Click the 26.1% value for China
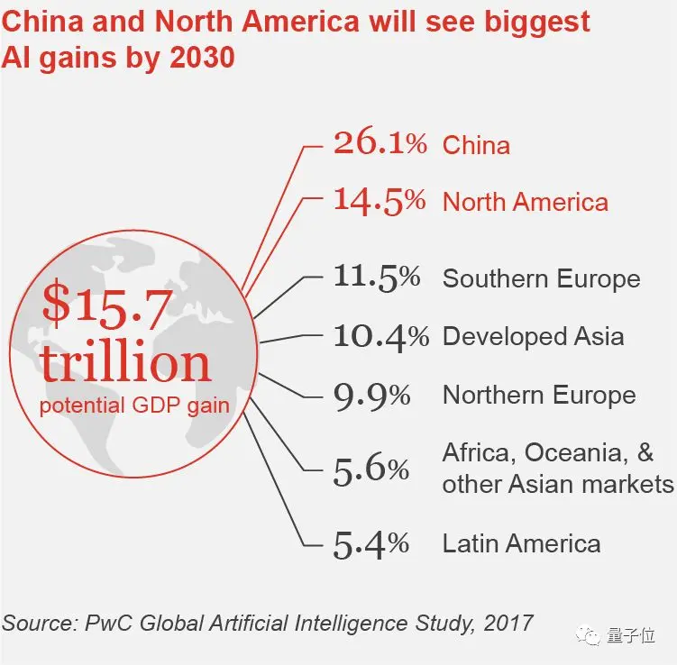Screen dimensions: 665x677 coord(380,143)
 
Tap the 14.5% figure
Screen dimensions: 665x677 coord(379,200)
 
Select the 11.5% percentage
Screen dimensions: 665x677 coord(377,277)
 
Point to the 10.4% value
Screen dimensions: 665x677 coord(380,336)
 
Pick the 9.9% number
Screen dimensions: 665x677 coord(371,395)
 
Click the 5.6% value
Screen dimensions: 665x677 coord(371,469)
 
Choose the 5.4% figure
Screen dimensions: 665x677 coord(371,543)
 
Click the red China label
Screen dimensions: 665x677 coord(476,145)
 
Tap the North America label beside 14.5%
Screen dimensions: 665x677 coord(525,202)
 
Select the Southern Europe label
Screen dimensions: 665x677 coord(541,278)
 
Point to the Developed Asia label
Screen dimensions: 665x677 coord(533,337)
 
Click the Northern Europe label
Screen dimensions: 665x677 coord(539,396)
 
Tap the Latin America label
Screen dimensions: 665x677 coord(521,544)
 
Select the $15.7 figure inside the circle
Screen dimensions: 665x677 coord(105,306)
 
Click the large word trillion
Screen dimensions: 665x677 coord(125,362)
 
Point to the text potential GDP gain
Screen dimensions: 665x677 coord(134,405)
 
